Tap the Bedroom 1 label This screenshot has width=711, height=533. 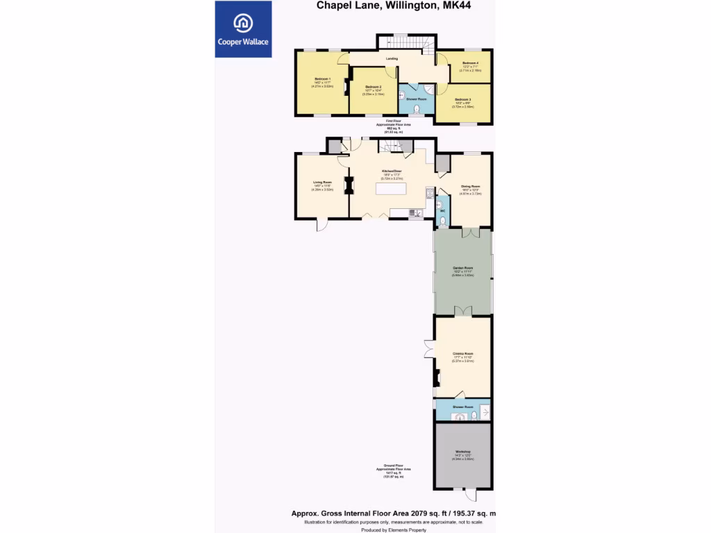tap(322, 79)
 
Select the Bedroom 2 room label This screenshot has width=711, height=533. tap(374, 87)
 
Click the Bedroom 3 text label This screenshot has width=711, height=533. tap(462, 100)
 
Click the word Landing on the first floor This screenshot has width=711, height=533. tap(392, 58)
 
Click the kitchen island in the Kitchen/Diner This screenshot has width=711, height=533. tap(391, 189)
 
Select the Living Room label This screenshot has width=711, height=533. tap(322, 182)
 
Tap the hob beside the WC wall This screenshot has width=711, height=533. tap(430, 194)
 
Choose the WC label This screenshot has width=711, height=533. tap(442, 210)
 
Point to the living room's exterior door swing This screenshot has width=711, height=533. tap(323, 224)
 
